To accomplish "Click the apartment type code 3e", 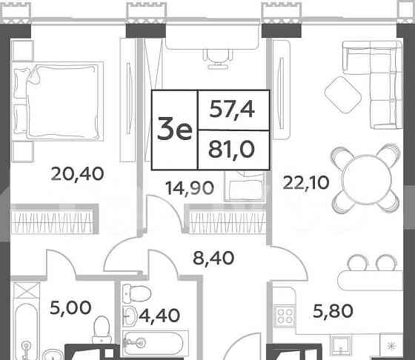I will (175, 130).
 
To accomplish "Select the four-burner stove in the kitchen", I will (285, 317).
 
